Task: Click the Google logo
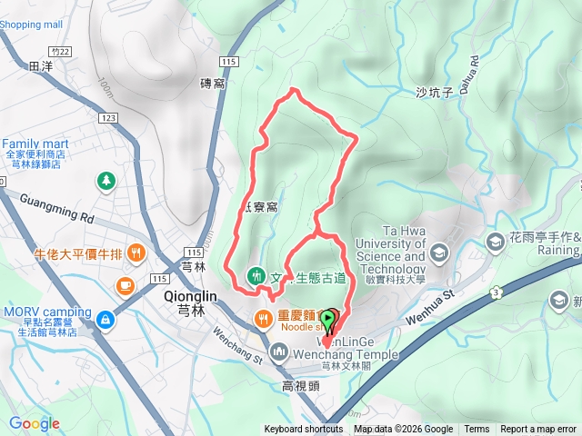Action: tap(35, 423)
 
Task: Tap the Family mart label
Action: tap(35, 144)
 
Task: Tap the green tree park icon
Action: tap(107, 182)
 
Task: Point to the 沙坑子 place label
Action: tap(433, 93)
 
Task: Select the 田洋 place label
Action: tap(42, 66)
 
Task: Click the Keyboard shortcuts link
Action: tap(304, 430)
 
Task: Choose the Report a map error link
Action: tap(538, 430)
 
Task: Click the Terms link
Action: tap(477, 430)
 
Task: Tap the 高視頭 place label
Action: tap(301, 385)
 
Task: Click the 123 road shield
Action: tap(109, 118)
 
